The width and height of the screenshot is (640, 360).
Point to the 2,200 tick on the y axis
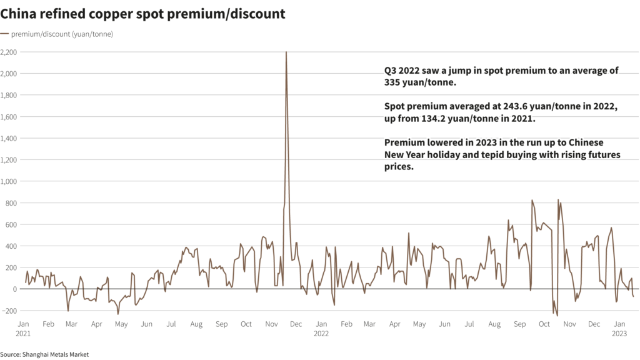click(9, 52)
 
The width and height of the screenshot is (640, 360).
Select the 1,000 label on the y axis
click(9, 181)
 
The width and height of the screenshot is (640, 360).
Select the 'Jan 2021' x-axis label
click(22, 329)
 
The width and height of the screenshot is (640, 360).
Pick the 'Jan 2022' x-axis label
click(321, 329)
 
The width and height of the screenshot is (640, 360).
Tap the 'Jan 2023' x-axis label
click(619, 329)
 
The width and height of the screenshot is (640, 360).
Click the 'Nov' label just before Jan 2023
click(569, 324)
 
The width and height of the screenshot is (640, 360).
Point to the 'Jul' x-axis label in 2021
click(171, 324)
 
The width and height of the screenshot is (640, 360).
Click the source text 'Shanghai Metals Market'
click(56, 354)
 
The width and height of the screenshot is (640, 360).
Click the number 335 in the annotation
click(394, 82)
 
